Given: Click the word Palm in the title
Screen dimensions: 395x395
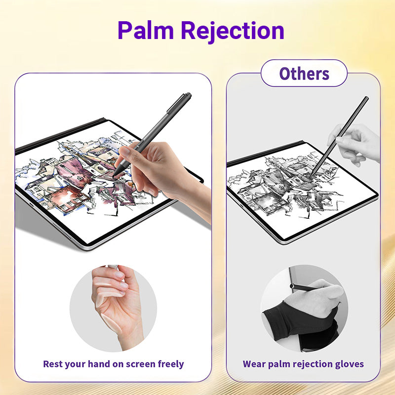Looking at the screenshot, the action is click(146, 30).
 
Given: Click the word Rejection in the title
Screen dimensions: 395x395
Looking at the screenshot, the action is click(233, 32).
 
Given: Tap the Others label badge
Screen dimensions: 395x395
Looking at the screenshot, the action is click(304, 73).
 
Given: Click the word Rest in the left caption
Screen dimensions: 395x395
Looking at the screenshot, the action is click(52, 364).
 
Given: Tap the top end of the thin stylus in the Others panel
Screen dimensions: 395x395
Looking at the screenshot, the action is click(367, 98).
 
